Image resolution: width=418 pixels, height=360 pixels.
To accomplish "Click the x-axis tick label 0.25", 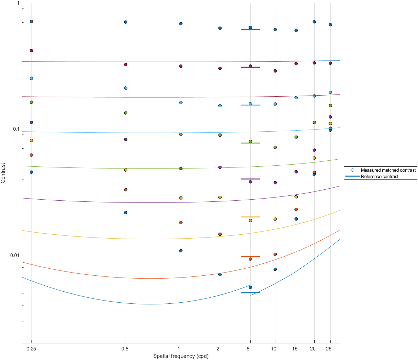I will (31, 349).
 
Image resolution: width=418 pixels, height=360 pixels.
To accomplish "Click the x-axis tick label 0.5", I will (125, 349).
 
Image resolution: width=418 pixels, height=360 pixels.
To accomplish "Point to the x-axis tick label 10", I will (274, 349).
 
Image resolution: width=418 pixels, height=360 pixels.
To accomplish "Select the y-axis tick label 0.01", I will (15, 255).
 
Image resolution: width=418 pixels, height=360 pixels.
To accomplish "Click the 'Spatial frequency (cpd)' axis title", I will (181, 356).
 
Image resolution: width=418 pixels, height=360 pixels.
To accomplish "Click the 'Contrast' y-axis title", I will (3, 173).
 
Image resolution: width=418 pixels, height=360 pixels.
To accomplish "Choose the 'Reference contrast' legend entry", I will (379, 176).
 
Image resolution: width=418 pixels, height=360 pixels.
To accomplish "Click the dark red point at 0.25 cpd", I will (31, 51).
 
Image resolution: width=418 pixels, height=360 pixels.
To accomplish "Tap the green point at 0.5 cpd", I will (126, 113).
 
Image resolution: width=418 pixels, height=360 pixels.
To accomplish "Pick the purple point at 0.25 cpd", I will (31, 122).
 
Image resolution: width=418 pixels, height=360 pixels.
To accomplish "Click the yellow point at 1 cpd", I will (181, 198).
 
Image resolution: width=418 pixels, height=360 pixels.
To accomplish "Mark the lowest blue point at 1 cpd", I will (181, 251).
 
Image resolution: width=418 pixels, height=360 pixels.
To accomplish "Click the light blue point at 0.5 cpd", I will (126, 88).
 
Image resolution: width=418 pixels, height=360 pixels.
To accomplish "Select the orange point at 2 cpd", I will (220, 234).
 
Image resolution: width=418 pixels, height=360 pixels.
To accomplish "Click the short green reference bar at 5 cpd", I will (250, 143).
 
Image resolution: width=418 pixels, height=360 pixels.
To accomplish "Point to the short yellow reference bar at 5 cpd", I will (250, 217).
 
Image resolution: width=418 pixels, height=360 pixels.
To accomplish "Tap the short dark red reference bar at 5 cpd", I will (250, 67).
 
